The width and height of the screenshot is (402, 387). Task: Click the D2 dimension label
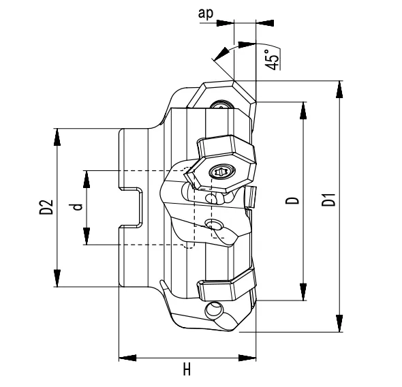pos(46,207)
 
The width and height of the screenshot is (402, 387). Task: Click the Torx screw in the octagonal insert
pos(219,172)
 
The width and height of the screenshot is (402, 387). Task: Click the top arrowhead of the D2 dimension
pos(57,135)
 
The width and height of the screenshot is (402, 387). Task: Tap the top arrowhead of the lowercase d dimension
pos(87,176)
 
